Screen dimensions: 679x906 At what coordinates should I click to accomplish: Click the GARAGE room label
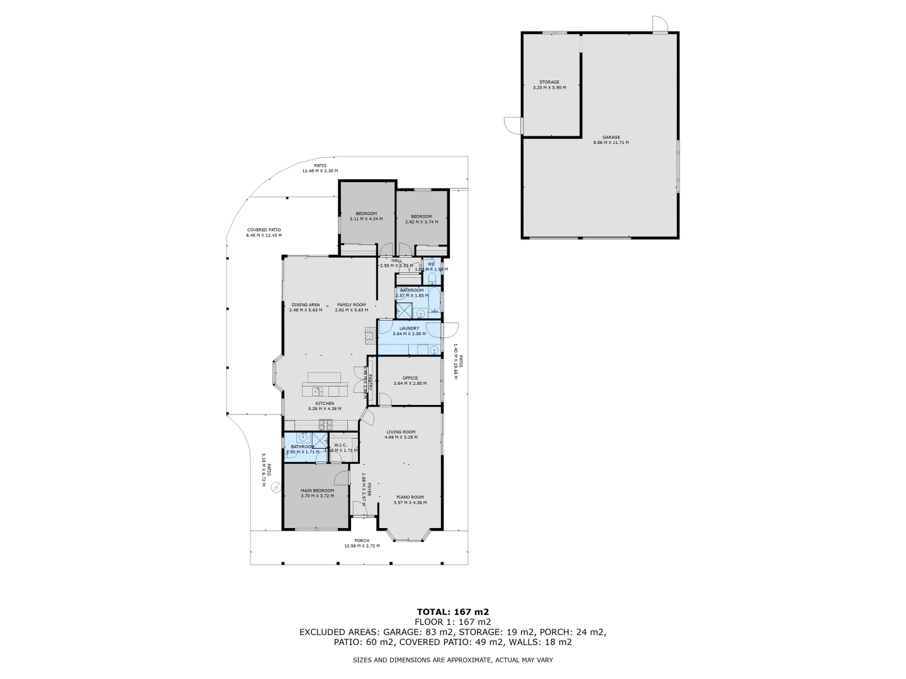click(611, 137)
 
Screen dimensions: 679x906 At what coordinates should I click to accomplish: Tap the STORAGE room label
click(549, 82)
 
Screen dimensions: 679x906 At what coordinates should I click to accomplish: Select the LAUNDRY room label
click(409, 328)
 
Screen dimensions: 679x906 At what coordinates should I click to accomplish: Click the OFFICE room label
click(410, 378)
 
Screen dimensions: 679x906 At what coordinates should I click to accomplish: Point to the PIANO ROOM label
click(410, 497)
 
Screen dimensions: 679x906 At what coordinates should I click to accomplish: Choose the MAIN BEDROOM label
click(317, 490)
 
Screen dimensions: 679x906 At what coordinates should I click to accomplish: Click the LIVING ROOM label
click(401, 431)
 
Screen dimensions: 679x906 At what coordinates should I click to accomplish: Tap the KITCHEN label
click(325, 403)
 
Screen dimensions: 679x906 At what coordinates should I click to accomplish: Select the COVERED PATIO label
click(264, 230)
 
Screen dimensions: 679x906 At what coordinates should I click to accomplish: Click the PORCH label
click(362, 541)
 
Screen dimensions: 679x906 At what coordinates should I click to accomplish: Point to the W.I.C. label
click(340, 444)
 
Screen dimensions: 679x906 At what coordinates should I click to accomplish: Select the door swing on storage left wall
click(513, 126)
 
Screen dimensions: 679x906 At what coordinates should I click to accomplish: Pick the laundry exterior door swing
click(450, 329)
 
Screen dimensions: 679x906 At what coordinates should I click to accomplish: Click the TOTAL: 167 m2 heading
click(453, 611)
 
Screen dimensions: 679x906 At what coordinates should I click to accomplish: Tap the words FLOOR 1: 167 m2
click(453, 622)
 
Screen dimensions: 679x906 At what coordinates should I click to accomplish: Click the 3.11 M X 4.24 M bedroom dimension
click(366, 219)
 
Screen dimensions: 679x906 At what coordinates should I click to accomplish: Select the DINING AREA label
click(306, 304)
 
